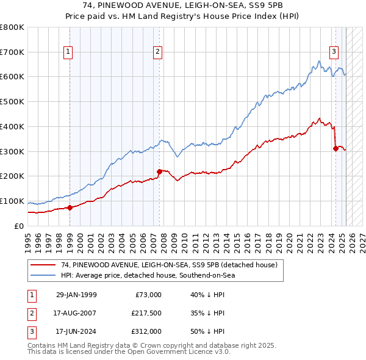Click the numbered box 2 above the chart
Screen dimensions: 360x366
(x=157, y=52)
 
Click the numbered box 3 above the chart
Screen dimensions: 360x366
(x=334, y=52)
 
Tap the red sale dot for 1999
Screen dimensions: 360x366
(x=70, y=207)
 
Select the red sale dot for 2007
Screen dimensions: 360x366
(x=159, y=171)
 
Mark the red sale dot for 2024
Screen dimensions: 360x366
(x=335, y=148)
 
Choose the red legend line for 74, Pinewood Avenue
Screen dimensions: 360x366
(x=44, y=265)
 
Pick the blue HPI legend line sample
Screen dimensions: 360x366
(x=44, y=275)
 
